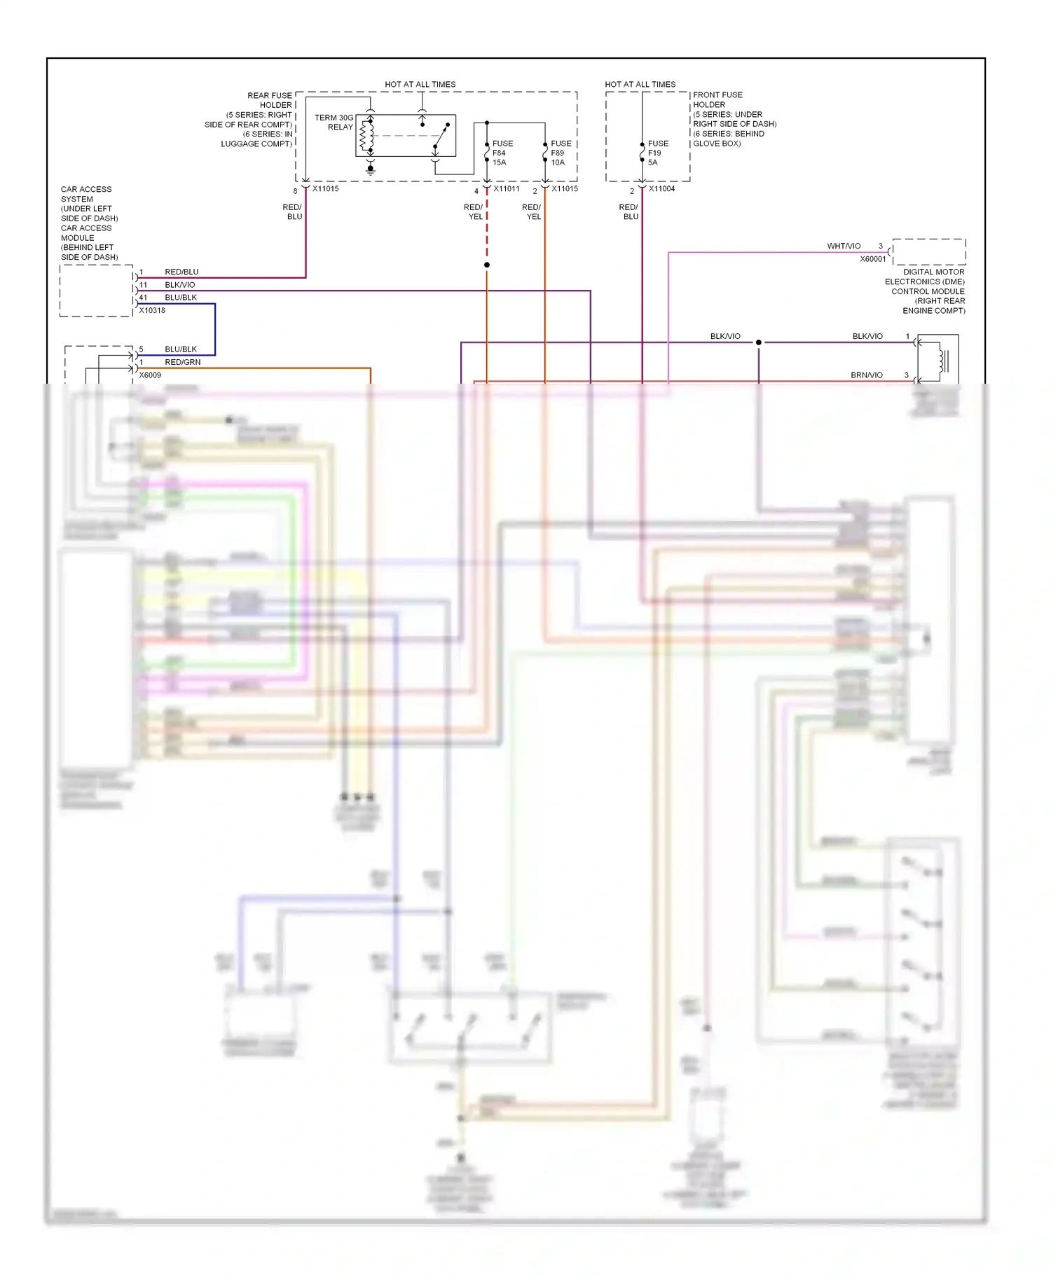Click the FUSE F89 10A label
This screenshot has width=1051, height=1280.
pos(561,153)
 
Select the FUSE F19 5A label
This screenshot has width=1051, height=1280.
pos(657,153)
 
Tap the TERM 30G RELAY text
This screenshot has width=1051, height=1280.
pos(334,122)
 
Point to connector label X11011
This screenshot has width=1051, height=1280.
pos(507,188)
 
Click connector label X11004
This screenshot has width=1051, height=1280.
pos(661,188)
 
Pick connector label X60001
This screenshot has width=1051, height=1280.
pos(873,259)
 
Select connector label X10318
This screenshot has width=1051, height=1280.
pos(152,310)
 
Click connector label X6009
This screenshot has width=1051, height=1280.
pos(150,375)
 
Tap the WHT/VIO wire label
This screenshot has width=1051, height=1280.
pos(844,246)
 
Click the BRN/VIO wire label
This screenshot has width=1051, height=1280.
pos(867,375)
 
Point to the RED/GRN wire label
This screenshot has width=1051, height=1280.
pos(183,362)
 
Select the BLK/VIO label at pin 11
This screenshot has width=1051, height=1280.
pos(180,285)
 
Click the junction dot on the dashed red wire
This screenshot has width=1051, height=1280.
pos(487,265)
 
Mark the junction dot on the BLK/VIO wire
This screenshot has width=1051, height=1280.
pos(758,342)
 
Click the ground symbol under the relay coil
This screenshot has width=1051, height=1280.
pos(371,169)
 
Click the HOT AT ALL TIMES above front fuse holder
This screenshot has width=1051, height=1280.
pos(640,84)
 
